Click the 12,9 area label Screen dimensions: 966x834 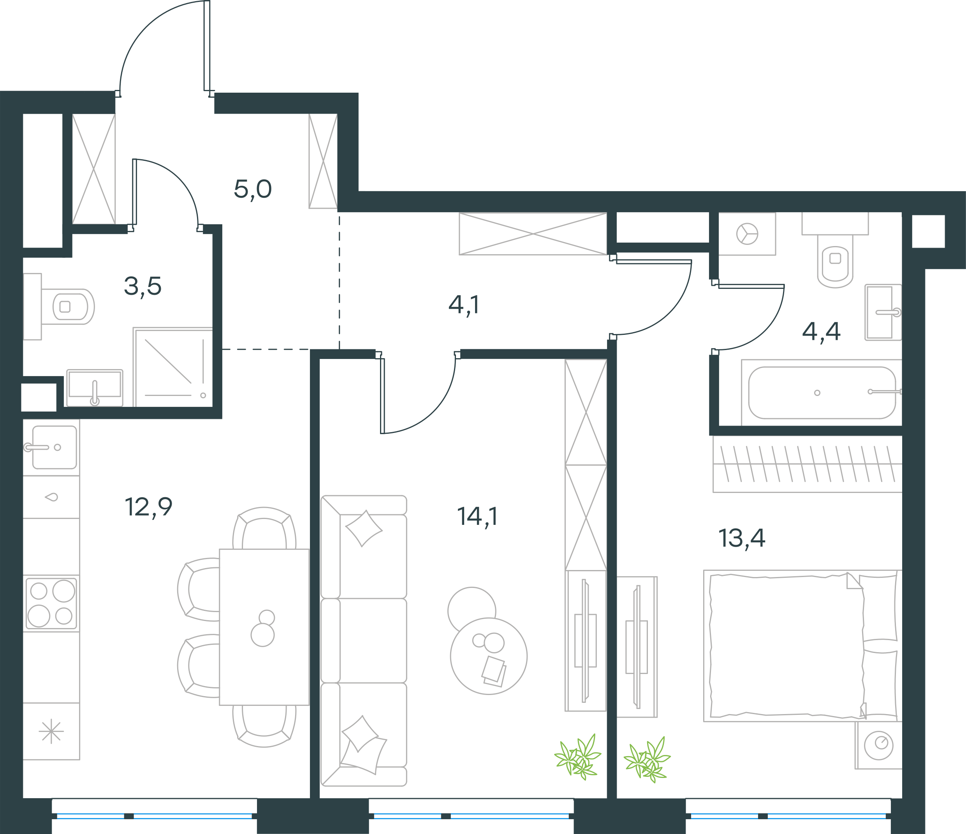coord(149,507)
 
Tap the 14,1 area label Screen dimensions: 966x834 coord(477,517)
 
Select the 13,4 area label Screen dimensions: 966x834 coord(741,538)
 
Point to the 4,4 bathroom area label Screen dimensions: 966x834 coord(821,331)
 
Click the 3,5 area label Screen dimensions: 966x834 coord(143,286)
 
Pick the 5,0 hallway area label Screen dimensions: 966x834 coord(253,189)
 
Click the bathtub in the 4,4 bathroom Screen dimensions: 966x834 coord(822,392)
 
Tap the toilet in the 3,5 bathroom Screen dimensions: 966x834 coord(68,306)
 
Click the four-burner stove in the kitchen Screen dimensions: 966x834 coord(51,603)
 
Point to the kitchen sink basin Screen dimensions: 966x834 coord(55,447)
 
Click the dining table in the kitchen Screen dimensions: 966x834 coord(264,626)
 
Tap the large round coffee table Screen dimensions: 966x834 coord(489,656)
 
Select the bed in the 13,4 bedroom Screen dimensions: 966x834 coord(803,646)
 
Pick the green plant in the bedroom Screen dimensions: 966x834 coord(647,759)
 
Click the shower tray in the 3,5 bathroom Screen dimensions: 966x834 coord(173,367)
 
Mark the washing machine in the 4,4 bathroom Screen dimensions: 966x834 coord(747,234)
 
